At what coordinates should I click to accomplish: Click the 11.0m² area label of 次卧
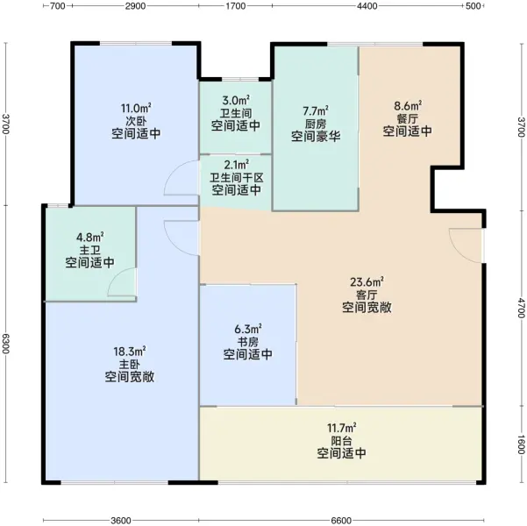click(136, 108)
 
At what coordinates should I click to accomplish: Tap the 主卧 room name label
click(130, 365)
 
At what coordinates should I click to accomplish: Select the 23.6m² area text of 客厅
click(367, 281)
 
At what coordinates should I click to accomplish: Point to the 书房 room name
click(248, 342)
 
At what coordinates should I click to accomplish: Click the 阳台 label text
click(341, 441)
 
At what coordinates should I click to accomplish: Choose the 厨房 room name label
click(316, 124)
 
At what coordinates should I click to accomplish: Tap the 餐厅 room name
click(408, 118)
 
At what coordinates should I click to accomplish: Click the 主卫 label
click(89, 250)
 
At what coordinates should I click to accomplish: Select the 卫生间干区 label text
click(236, 177)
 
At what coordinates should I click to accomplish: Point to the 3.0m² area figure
click(236, 100)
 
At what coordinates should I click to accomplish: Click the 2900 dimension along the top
click(135, 6)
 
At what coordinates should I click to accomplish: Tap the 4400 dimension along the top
click(367, 6)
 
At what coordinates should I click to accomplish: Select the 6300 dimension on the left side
click(6, 344)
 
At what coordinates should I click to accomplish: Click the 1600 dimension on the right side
click(521, 444)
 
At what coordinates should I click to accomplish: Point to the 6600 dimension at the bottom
click(341, 521)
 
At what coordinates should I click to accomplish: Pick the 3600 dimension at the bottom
click(121, 521)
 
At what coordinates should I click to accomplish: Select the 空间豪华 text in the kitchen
click(316, 137)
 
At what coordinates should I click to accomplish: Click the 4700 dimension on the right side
click(521, 308)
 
